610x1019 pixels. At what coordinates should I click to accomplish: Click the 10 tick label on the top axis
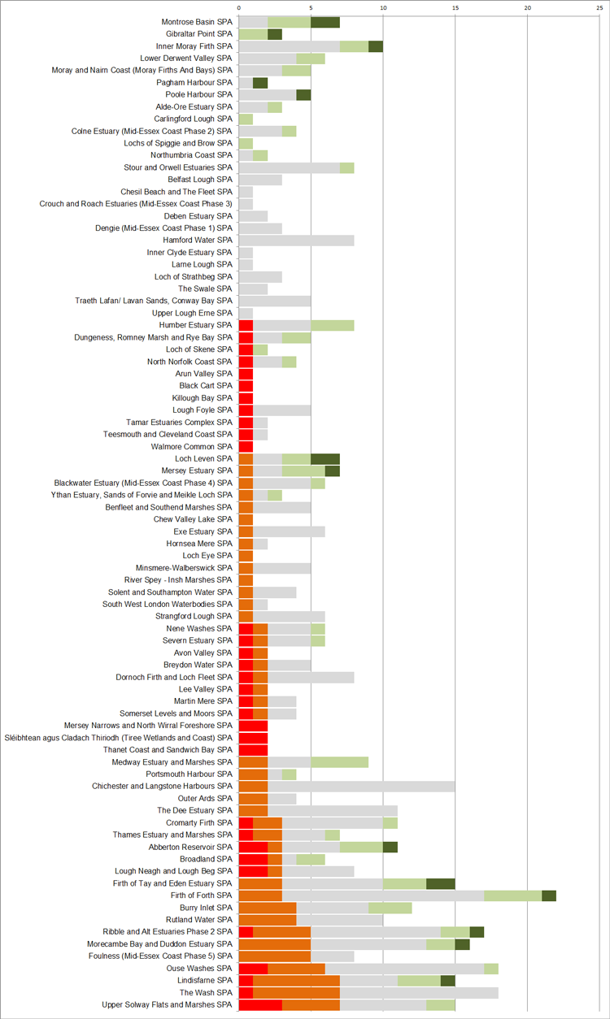point(383,7)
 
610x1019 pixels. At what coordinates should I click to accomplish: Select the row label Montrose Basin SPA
point(197,22)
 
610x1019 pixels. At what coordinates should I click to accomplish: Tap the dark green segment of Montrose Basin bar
point(325,22)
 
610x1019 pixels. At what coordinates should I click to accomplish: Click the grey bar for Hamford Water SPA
point(296,241)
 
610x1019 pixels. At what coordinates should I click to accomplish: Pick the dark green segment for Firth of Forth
point(549,895)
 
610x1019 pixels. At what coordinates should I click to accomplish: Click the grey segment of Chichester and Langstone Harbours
point(361,786)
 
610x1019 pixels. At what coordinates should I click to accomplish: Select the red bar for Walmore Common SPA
point(246,446)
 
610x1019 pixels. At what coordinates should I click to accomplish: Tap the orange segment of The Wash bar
point(296,992)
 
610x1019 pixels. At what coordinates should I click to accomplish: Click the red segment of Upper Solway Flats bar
point(260,1004)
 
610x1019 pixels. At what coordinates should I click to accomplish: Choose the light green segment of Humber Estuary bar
point(333,325)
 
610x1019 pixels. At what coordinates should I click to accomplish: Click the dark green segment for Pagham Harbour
point(260,83)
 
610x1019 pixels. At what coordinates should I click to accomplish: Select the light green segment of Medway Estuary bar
point(340,762)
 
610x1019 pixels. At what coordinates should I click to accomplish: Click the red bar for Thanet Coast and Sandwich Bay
point(253,750)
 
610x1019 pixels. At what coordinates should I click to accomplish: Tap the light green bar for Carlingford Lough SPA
point(246,119)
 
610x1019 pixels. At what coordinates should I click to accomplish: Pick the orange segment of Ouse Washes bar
point(296,968)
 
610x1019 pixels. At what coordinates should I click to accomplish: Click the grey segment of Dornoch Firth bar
point(311,677)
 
